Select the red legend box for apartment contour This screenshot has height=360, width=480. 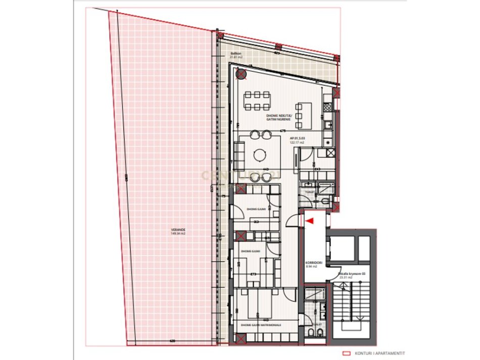click(347, 354)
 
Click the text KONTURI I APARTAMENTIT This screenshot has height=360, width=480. click(388, 354)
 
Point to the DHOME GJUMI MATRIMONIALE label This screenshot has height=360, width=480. click(261, 325)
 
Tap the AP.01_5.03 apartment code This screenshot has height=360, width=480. click(297, 138)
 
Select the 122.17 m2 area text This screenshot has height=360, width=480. click(297, 142)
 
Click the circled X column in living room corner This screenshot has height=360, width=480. click(242, 75)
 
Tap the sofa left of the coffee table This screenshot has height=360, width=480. click(240, 155)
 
